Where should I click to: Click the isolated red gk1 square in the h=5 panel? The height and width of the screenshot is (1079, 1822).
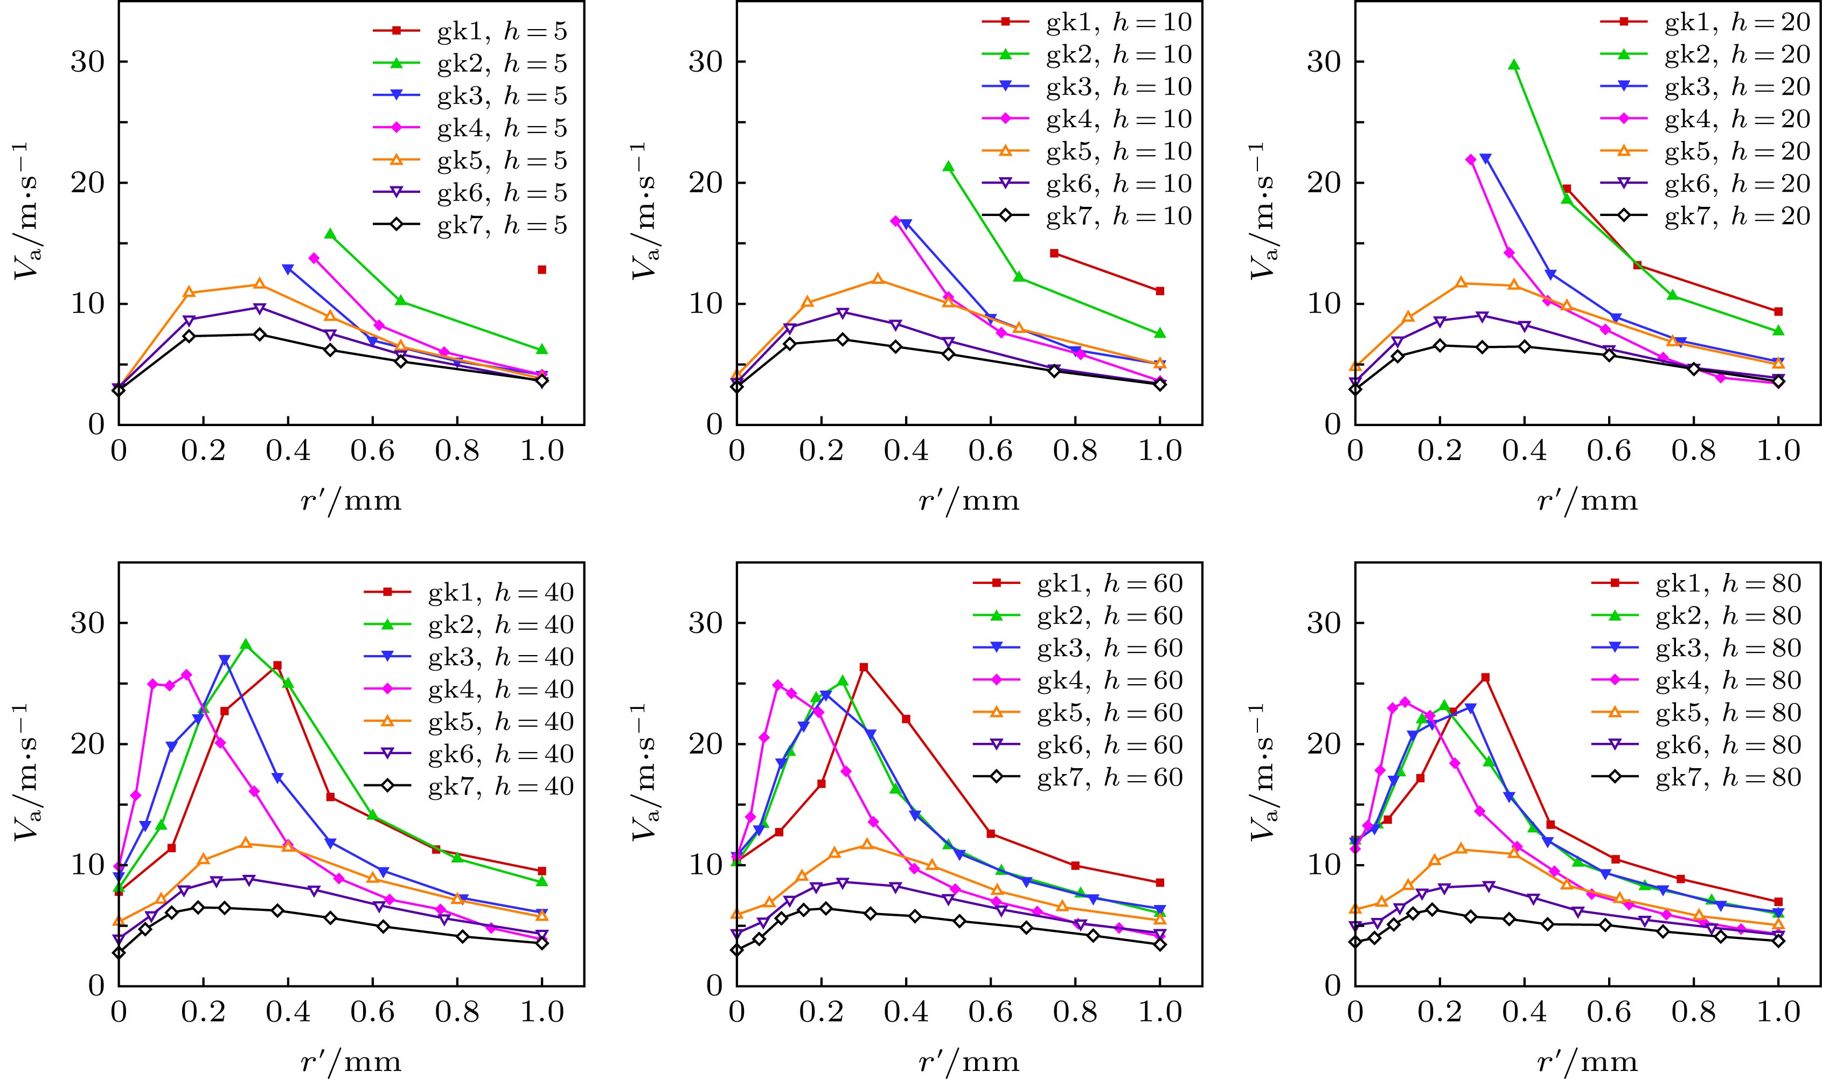pos(541,270)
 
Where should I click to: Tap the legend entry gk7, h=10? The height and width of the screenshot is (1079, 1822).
pos(1119,216)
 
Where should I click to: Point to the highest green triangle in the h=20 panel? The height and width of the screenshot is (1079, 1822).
pos(1514,65)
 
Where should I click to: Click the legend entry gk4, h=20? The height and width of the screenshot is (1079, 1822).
pos(1737,119)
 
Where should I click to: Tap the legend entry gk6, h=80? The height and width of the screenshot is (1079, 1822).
pos(1728,745)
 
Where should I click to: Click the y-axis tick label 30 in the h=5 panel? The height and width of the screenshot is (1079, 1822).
pos(88,62)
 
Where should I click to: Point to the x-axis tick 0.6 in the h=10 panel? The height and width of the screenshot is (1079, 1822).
pos(990,451)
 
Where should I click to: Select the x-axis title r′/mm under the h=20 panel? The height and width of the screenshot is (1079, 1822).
pos(1587,501)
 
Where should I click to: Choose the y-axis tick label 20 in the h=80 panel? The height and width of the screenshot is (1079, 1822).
pos(1325,744)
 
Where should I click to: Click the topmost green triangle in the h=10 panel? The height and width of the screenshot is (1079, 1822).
pos(948,166)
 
